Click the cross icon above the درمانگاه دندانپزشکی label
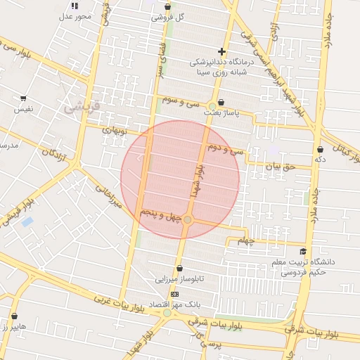click(x=222, y=51)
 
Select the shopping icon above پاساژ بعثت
click(x=221, y=101)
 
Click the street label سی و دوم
click(x=227, y=149)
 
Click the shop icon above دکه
click(x=321, y=149)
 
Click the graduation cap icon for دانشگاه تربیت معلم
click(x=303, y=252)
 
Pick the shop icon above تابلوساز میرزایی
click(x=180, y=268)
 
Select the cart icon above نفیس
click(x=23, y=98)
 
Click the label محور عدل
click(x=75, y=17)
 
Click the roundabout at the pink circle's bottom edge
click(x=187, y=220)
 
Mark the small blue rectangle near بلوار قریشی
click(x=27, y=222)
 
